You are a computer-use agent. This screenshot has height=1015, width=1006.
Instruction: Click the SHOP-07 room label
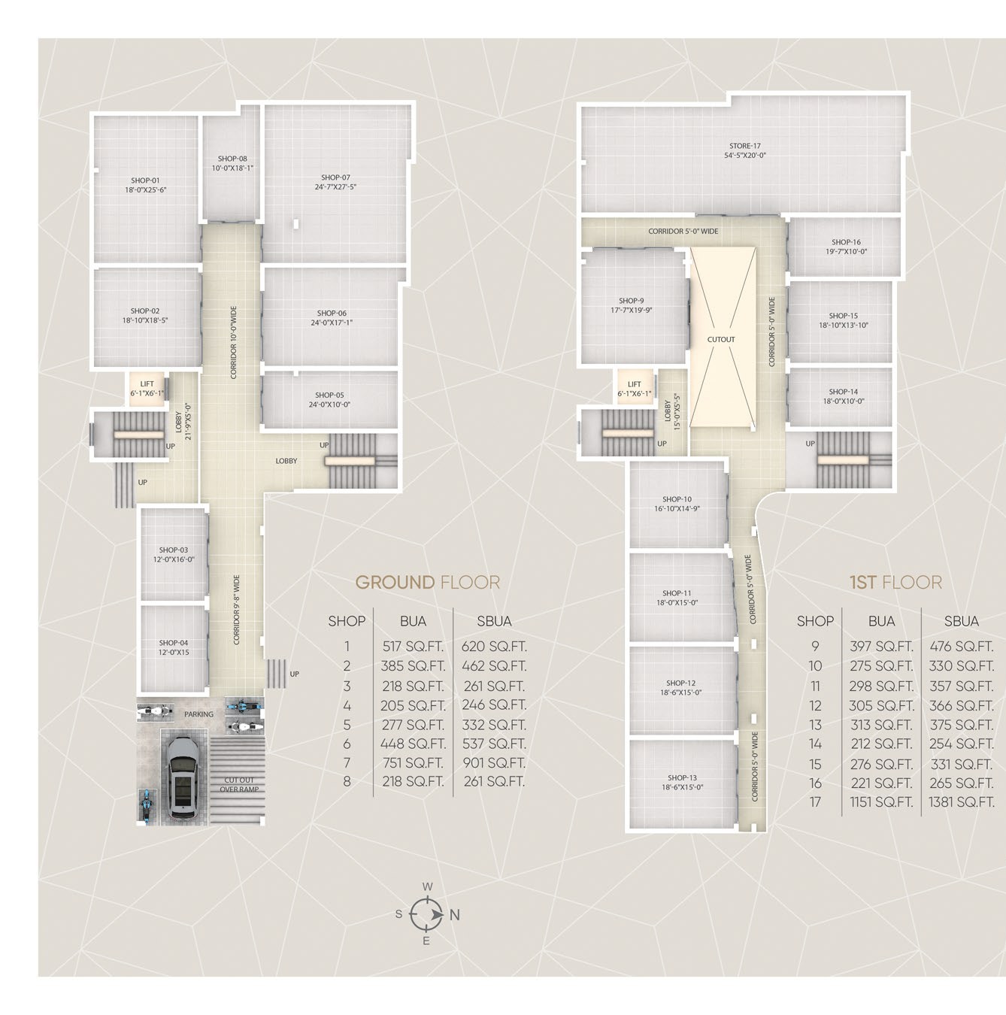pyautogui.click(x=335, y=177)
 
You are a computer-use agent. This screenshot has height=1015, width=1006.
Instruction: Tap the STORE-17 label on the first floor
pyautogui.click(x=744, y=146)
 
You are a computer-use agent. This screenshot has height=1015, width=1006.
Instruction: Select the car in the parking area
pyautogui.click(x=183, y=777)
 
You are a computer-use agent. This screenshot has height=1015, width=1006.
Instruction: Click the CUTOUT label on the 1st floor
pyautogui.click(x=720, y=340)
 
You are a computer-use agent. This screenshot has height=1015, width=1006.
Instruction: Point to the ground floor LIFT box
pyautogui.click(x=147, y=389)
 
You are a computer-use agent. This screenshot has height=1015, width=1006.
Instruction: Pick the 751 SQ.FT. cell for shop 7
pyautogui.click(x=413, y=762)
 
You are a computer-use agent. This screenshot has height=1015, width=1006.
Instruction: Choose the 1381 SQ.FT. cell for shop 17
pyautogui.click(x=961, y=802)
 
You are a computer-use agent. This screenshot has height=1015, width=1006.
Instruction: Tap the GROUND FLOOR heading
pyautogui.click(x=427, y=582)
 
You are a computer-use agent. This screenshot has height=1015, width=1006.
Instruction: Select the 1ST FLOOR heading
pyautogui.click(x=895, y=582)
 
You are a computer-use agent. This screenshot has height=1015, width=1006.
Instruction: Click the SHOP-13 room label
pyautogui.click(x=683, y=777)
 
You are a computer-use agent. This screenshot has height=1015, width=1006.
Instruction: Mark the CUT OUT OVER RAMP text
pyautogui.click(x=239, y=784)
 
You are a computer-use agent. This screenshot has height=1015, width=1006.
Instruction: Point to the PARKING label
pyautogui.click(x=198, y=714)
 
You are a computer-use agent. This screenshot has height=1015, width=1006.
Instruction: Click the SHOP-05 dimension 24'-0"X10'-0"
pyautogui.click(x=329, y=404)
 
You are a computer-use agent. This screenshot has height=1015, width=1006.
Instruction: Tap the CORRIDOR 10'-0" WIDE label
pyautogui.click(x=233, y=342)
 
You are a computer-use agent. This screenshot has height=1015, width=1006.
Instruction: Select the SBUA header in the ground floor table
pyautogui.click(x=494, y=622)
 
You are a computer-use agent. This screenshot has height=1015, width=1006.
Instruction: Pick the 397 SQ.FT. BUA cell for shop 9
pyautogui.click(x=881, y=647)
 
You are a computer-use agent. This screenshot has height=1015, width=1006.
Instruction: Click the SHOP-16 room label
pyautogui.click(x=846, y=242)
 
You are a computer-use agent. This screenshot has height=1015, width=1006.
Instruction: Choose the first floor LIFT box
pyautogui.click(x=635, y=389)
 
